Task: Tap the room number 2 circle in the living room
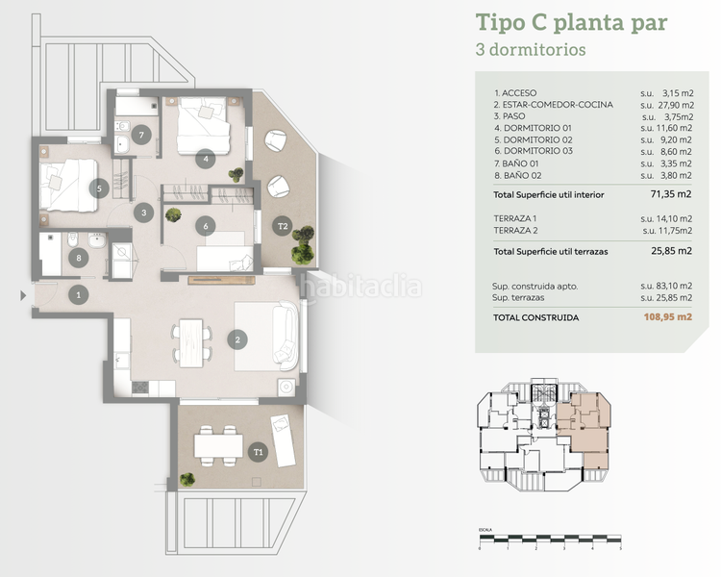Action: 236,339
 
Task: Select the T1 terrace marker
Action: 258,451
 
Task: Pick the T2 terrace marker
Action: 283,227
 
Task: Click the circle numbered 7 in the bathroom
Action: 142,136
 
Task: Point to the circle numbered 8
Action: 79,258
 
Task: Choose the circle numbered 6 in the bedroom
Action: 205,227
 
